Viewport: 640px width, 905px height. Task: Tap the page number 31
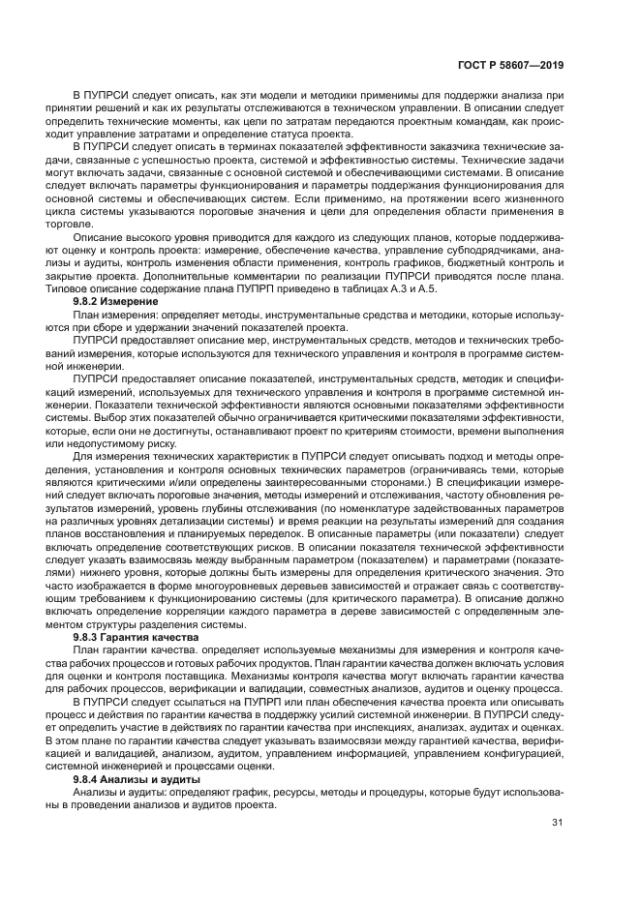(558, 823)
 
